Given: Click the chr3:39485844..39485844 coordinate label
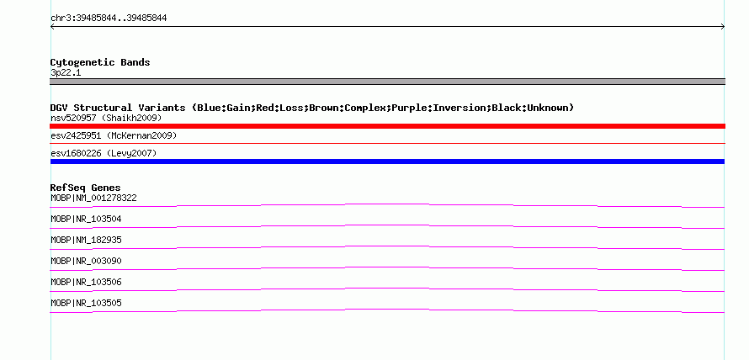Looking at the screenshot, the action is click(109, 19).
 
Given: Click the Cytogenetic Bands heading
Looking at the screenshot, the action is click(100, 62).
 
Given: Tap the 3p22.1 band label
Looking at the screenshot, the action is click(66, 73).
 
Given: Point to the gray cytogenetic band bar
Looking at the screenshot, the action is click(387, 82).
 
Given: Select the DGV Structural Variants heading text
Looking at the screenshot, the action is click(312, 108).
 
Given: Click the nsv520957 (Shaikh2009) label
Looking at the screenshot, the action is click(106, 118).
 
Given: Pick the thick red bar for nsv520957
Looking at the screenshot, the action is click(387, 126).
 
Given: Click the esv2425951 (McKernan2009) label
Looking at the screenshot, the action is click(114, 136).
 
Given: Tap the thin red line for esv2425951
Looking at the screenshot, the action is click(387, 143).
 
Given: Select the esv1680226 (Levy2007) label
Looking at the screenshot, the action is click(104, 153).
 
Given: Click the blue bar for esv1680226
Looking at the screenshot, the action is click(387, 161).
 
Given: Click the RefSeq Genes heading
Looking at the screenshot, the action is click(85, 188).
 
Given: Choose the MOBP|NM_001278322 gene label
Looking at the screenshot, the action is click(93, 198).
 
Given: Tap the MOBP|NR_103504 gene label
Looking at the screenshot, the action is click(86, 220).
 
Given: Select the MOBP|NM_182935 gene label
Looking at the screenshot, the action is click(86, 240).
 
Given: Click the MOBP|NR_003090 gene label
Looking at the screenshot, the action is click(86, 261).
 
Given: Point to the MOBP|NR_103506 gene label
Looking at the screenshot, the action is click(86, 282).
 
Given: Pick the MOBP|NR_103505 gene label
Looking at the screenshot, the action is click(86, 303).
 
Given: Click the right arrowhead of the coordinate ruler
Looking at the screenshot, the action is click(723, 27).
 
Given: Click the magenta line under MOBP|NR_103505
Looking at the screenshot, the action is click(387, 311).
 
